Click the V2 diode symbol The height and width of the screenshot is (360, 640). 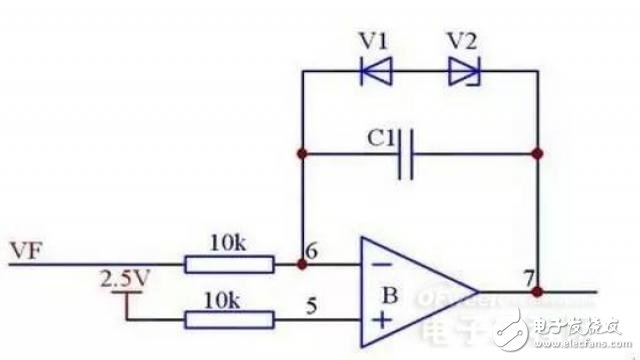point(463,71)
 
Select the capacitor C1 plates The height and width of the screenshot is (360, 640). point(405,155)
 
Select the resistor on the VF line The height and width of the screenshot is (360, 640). point(229,264)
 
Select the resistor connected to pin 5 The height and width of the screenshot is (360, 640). point(229,320)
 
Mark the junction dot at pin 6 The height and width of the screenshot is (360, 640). point(302,265)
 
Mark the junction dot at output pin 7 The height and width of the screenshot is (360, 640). point(537,292)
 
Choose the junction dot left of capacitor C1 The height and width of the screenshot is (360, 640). point(302,155)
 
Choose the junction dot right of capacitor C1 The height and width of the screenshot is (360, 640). point(537,155)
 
